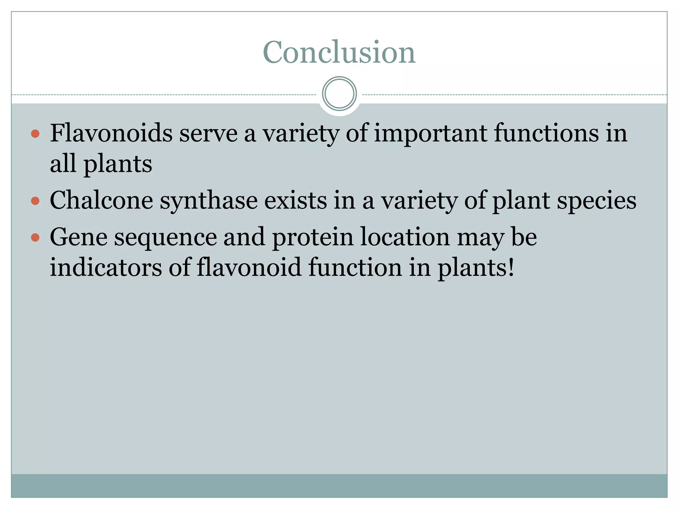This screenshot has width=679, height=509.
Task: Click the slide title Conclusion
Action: pyautogui.click(x=339, y=52)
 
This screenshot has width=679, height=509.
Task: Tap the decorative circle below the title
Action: pyautogui.click(x=339, y=94)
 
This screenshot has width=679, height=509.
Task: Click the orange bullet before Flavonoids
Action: pyautogui.click(x=35, y=134)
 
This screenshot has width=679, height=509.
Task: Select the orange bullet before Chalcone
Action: pyautogui.click(x=35, y=201)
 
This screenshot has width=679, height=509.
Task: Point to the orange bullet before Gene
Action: pyautogui.click(x=35, y=237)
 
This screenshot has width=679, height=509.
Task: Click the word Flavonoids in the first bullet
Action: pyautogui.click(x=111, y=133)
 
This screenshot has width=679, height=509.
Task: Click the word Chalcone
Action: pyautogui.click(x=101, y=200)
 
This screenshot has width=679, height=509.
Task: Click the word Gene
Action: pyautogui.click(x=79, y=237)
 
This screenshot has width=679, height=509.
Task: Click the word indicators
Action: pyautogui.click(x=106, y=267)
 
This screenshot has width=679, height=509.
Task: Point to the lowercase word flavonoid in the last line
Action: pyautogui.click(x=249, y=267)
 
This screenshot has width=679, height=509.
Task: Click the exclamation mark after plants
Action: pyautogui.click(x=511, y=267)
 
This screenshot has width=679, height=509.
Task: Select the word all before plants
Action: pyautogui.click(x=63, y=164)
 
